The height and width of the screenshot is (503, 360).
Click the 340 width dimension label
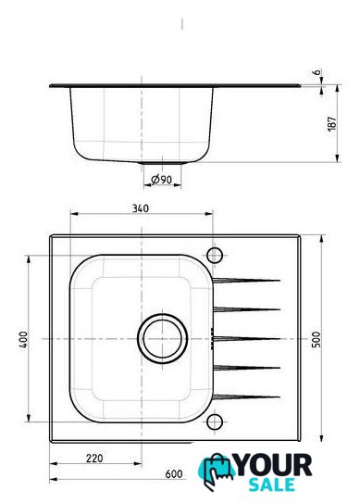[x=141, y=208]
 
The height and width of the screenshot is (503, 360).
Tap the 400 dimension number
[x=23, y=339]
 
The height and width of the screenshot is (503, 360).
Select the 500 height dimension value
[x=316, y=339]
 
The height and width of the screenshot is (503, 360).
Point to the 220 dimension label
[x=94, y=459]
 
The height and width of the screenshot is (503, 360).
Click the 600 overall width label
[x=174, y=473]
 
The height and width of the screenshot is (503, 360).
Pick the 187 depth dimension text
[x=332, y=123]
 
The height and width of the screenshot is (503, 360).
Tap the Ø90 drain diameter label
[x=162, y=180]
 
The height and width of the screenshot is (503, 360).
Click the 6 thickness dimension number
[x=317, y=72]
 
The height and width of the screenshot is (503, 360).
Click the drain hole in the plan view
[x=162, y=338]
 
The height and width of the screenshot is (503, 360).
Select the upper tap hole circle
[x=215, y=256]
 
